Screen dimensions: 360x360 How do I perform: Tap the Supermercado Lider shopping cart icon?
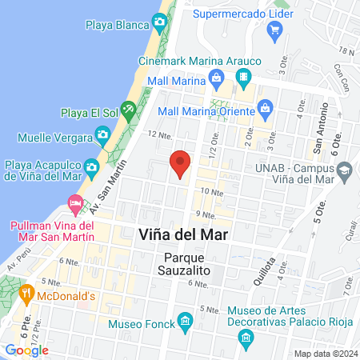[x=275, y=30]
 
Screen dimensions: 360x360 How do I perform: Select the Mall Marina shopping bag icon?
[x=216, y=78]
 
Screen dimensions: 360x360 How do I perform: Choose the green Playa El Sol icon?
[x=128, y=107]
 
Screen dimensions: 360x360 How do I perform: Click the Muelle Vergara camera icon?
[x=102, y=133]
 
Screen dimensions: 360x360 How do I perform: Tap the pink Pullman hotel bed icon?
[x=74, y=204]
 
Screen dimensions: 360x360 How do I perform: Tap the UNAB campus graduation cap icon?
[x=344, y=170]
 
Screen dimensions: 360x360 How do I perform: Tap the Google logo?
[x=27, y=350]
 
